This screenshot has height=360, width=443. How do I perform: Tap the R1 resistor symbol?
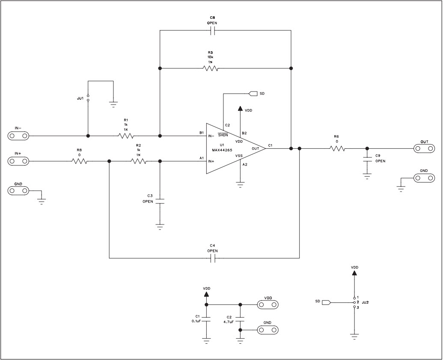click(126, 136)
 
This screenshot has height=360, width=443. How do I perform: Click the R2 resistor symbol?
click(139, 161)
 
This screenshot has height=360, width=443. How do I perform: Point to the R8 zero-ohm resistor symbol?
click(79, 161)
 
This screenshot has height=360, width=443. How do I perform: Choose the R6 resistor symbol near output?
click(337, 149)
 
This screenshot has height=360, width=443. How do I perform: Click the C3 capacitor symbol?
click(160, 201)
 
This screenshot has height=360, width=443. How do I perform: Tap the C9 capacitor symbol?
click(367, 159)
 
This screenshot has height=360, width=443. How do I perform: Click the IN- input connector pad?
click(18, 136)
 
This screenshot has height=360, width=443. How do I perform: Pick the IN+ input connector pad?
click(18, 161)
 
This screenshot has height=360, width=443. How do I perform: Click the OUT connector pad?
click(424, 148)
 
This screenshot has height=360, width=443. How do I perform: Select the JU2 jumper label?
click(365, 302)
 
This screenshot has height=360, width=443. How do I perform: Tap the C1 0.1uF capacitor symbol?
click(206, 319)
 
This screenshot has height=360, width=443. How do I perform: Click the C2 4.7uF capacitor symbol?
click(240, 319)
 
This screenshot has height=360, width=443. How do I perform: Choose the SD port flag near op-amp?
click(252, 93)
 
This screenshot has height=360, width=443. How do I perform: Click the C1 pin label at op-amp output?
click(270, 145)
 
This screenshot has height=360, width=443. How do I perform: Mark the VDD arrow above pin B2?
click(240, 109)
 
